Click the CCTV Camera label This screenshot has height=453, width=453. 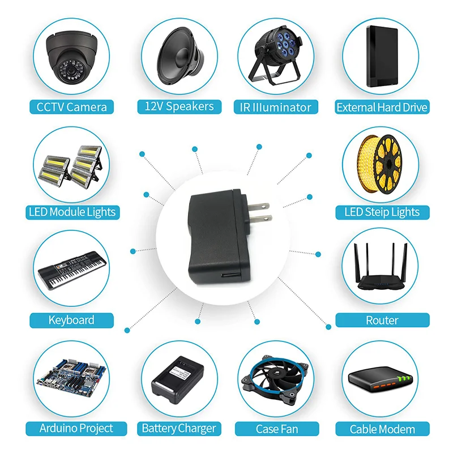(71, 106)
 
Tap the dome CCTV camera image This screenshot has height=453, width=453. (71, 57)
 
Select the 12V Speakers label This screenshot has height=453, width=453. (178, 106)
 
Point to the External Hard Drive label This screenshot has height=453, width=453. (382, 107)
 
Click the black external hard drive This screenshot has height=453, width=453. (383, 56)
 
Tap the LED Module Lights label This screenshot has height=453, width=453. (71, 212)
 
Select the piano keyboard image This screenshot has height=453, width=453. (71, 272)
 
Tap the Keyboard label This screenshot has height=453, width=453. (71, 320)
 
